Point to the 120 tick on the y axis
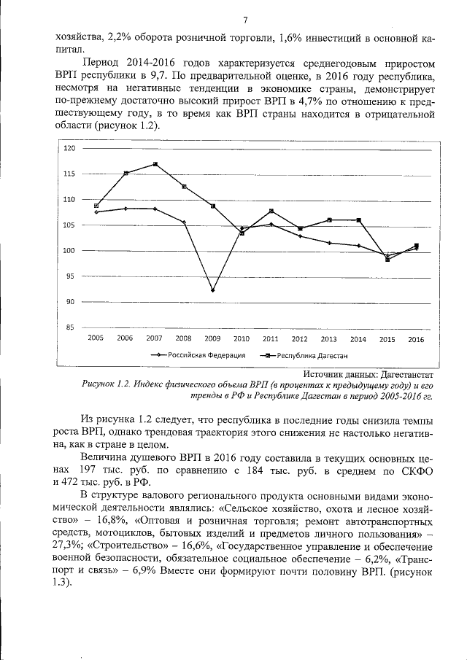tap(70, 148)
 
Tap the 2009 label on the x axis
tap(212, 339)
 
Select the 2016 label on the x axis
tap(416, 339)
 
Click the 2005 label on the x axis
tap(96, 339)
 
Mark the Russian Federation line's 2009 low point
tap(212, 290)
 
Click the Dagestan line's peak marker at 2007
tap(155, 164)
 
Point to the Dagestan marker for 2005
tap(96, 206)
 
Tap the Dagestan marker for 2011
tap(271, 211)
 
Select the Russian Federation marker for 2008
tap(184, 222)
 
